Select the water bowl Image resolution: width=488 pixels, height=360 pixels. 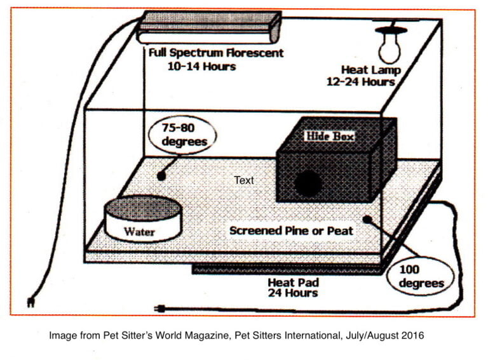pyautogui.click(x=142, y=219)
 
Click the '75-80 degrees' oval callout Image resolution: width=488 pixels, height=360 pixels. pyautogui.click(x=184, y=135)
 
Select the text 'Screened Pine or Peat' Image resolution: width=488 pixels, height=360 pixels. pyautogui.click(x=290, y=230)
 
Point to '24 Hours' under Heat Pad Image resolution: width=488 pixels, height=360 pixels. pyautogui.click(x=292, y=293)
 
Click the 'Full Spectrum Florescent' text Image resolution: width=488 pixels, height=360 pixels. pyautogui.click(x=216, y=54)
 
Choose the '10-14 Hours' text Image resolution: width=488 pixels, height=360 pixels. pyautogui.click(x=201, y=66)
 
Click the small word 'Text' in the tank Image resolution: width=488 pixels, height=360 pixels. pyautogui.click(x=243, y=180)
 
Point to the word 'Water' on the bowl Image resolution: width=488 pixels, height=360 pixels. pyautogui.click(x=139, y=232)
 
